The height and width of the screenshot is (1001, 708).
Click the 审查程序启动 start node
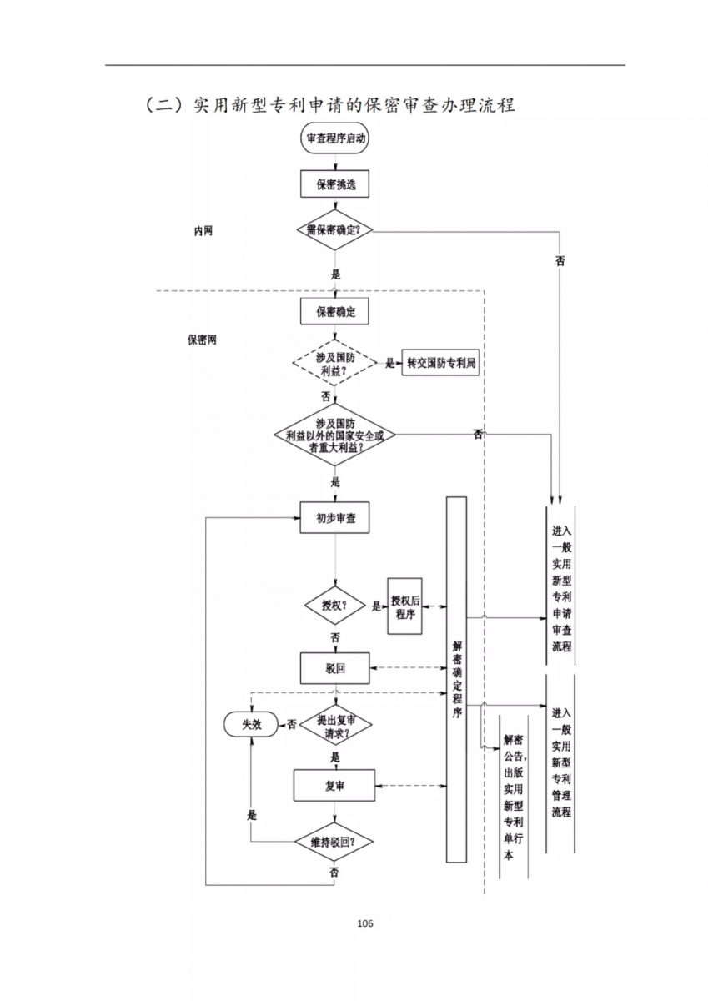[x=334, y=138]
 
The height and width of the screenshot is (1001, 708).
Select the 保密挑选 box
[x=334, y=184]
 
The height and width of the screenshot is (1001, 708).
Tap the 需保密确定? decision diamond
[x=334, y=230]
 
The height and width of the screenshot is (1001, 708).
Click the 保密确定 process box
[x=334, y=312]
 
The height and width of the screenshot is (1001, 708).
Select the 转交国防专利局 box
[x=441, y=363]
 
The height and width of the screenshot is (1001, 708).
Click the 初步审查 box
[x=334, y=518]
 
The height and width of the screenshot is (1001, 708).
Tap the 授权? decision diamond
[x=334, y=605]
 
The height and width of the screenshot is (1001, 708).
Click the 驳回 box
[x=334, y=667]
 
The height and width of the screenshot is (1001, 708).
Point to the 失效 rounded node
[x=251, y=724]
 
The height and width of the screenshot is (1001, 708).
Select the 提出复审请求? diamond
[x=334, y=724]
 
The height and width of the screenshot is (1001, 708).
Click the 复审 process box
[x=334, y=786]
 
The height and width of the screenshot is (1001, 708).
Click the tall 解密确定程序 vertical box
[x=456, y=679]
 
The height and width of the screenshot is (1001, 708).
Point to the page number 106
[x=364, y=923]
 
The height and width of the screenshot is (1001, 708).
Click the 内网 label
[x=203, y=231]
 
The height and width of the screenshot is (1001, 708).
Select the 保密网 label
[x=202, y=340]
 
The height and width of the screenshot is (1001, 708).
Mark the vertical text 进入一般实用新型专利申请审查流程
[x=561, y=588]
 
